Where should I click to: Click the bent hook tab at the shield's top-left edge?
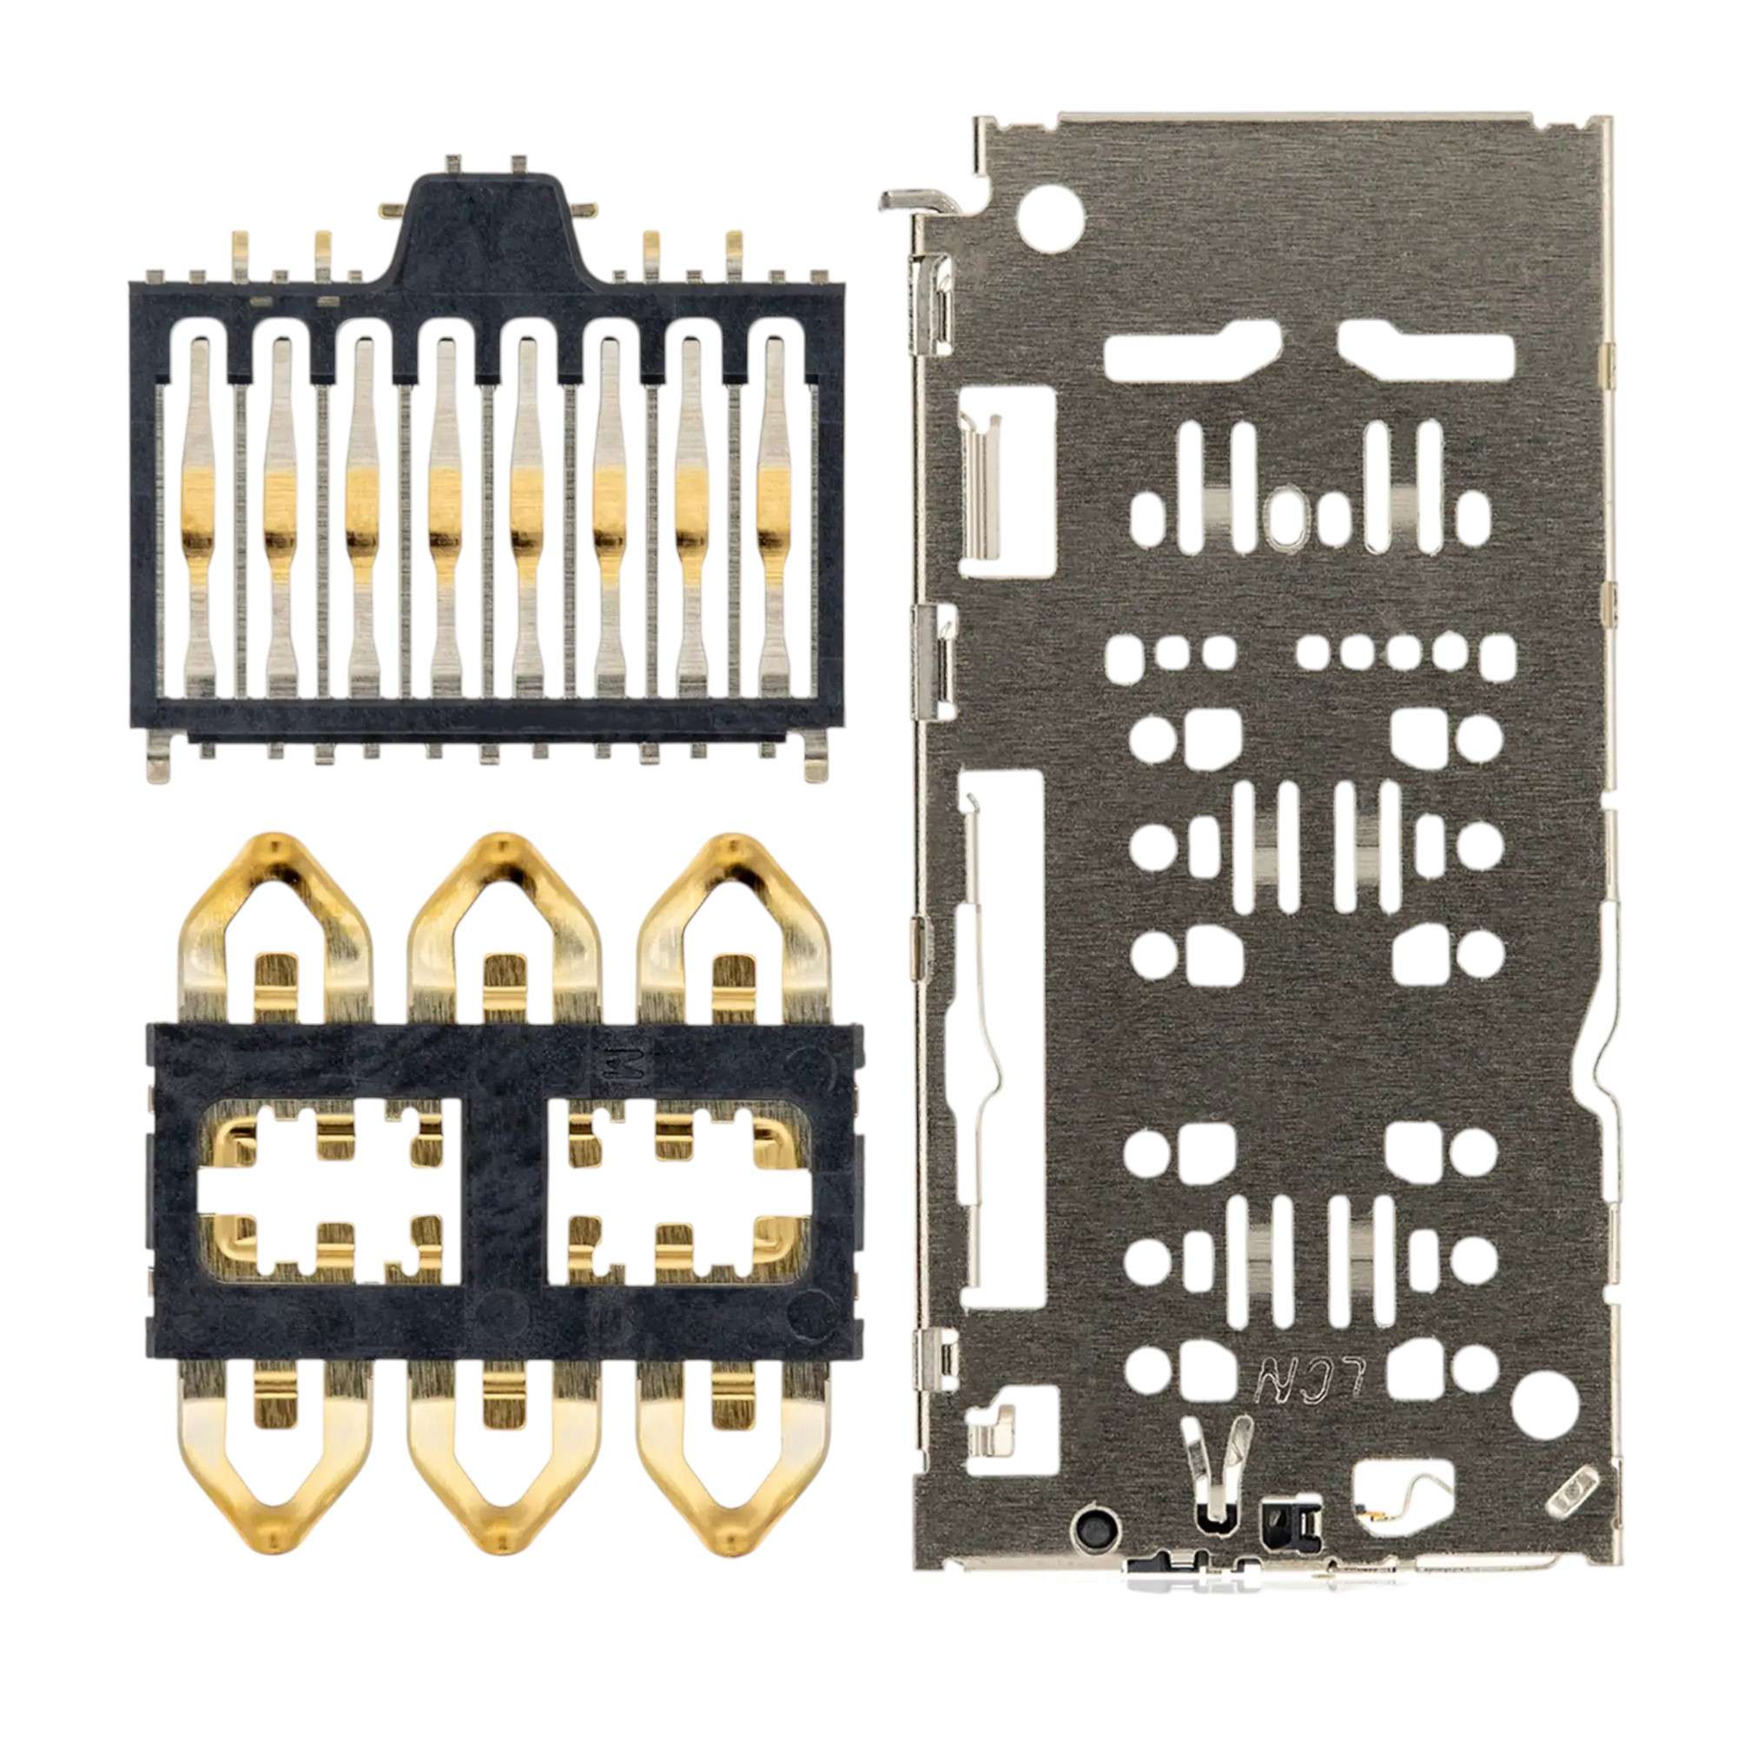pos(910,200)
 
